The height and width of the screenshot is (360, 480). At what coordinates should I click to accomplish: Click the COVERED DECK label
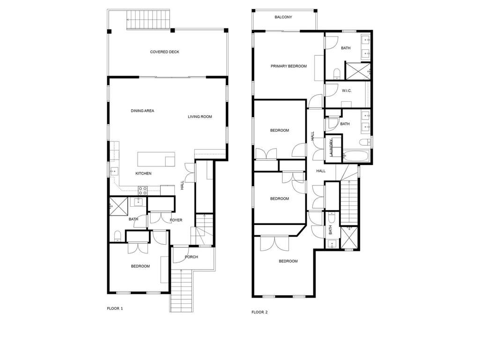tap(164, 52)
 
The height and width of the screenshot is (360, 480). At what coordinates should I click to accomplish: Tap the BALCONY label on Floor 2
tap(283, 17)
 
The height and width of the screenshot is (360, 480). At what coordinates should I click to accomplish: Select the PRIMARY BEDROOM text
tap(288, 66)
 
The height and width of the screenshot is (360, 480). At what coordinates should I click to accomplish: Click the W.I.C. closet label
tap(347, 90)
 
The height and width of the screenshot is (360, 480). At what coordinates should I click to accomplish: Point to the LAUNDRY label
tap(331, 148)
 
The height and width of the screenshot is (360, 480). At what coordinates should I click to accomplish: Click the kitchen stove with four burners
tap(143, 191)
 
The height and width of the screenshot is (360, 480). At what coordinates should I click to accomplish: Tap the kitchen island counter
tap(156, 159)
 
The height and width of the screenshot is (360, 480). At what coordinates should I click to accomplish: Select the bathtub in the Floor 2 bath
tap(356, 156)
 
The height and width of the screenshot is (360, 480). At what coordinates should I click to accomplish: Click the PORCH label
tap(192, 257)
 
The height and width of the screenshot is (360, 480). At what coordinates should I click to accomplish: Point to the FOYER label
tap(176, 220)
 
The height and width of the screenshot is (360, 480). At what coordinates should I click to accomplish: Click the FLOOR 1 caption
tap(115, 308)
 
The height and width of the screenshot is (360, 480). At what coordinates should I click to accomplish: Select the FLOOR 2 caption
tap(259, 312)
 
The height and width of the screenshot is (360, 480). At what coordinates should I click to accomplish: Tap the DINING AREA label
tap(142, 111)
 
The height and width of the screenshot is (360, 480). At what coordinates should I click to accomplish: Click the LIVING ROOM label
tap(200, 117)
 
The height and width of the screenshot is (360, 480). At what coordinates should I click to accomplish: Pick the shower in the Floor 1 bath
tap(118, 206)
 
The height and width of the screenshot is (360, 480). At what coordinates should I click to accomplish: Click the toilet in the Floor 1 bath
tap(117, 236)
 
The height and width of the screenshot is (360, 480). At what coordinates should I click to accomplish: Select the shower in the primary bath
tap(358, 71)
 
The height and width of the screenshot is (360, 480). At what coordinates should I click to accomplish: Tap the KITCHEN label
tap(143, 173)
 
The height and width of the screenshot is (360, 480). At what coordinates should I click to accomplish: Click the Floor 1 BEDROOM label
tap(140, 266)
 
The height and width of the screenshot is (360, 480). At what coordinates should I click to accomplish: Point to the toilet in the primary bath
tap(337, 74)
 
